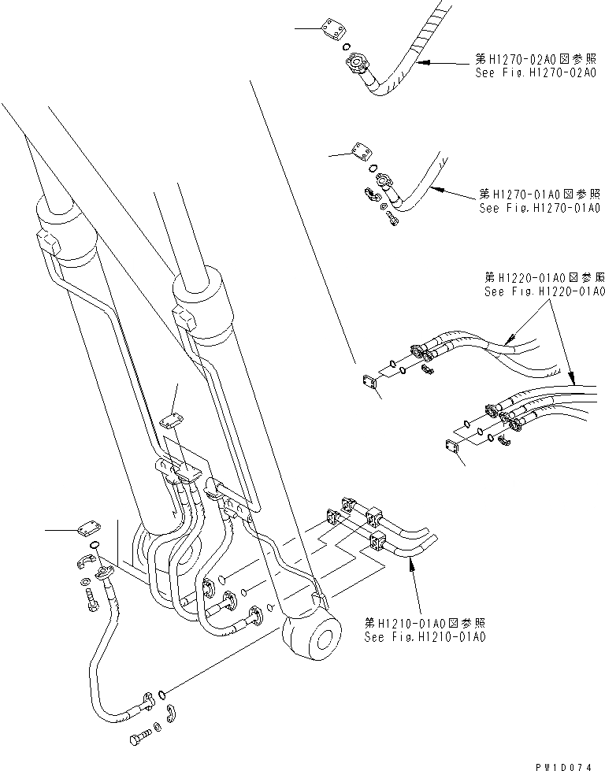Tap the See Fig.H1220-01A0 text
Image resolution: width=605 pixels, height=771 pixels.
544,291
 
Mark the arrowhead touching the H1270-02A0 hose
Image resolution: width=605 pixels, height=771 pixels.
420,61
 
